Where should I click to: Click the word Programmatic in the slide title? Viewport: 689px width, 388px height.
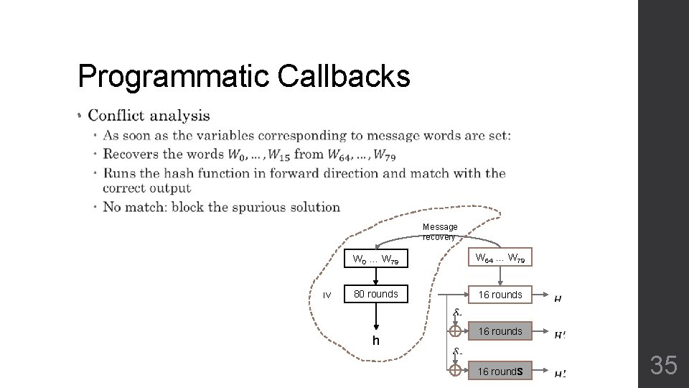point(174,76)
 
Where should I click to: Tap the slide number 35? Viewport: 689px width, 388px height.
point(663,366)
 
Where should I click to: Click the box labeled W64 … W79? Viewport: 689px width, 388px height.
point(500,258)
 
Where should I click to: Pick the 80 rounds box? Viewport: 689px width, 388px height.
point(376,294)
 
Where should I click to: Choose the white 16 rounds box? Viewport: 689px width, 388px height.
point(500,295)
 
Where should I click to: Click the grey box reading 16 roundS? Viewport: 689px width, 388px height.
point(500,371)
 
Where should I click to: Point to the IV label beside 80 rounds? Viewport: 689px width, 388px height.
point(327,295)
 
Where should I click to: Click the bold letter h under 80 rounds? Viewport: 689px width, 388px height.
point(375,340)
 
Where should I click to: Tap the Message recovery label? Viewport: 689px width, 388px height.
point(439,231)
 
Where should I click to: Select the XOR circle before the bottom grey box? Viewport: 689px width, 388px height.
point(455,370)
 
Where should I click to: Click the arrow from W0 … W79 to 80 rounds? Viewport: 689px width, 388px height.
point(376,277)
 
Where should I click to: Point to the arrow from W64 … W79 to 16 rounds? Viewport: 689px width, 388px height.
point(500,277)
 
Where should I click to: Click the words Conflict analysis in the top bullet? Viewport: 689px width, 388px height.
point(149,116)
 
